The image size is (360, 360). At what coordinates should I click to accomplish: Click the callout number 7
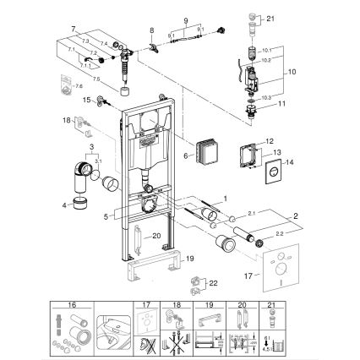74,29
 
